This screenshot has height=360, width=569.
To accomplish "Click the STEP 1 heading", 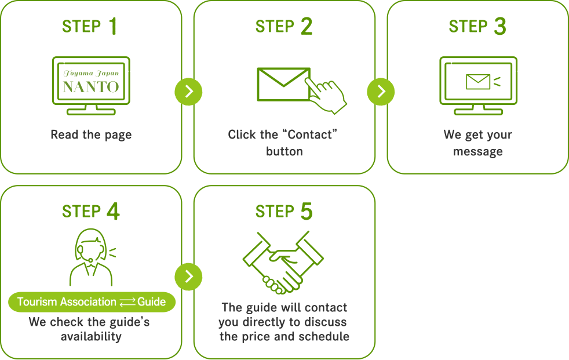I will tap(90, 27).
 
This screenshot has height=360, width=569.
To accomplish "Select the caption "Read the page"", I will tap(91, 135).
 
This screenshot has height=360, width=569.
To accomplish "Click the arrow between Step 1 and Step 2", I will tap(188, 92).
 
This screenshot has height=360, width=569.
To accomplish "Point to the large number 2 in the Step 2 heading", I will tap(307, 27).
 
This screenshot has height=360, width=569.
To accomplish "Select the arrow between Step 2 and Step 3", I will tap(381, 92).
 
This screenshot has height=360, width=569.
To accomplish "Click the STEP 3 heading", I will tap(477, 27).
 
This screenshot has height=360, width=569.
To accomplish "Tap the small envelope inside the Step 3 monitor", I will tap(477, 82).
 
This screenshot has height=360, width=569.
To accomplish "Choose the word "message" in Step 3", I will tap(477, 152).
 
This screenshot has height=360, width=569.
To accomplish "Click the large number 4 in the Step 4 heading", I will tap(113, 212).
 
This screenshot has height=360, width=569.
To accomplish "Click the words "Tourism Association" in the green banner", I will tap(67, 302).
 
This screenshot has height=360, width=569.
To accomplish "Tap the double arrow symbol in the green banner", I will tap(127, 302).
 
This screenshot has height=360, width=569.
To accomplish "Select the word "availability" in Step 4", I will tap(91, 337).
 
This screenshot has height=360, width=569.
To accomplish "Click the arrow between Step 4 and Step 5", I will tap(188, 276).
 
